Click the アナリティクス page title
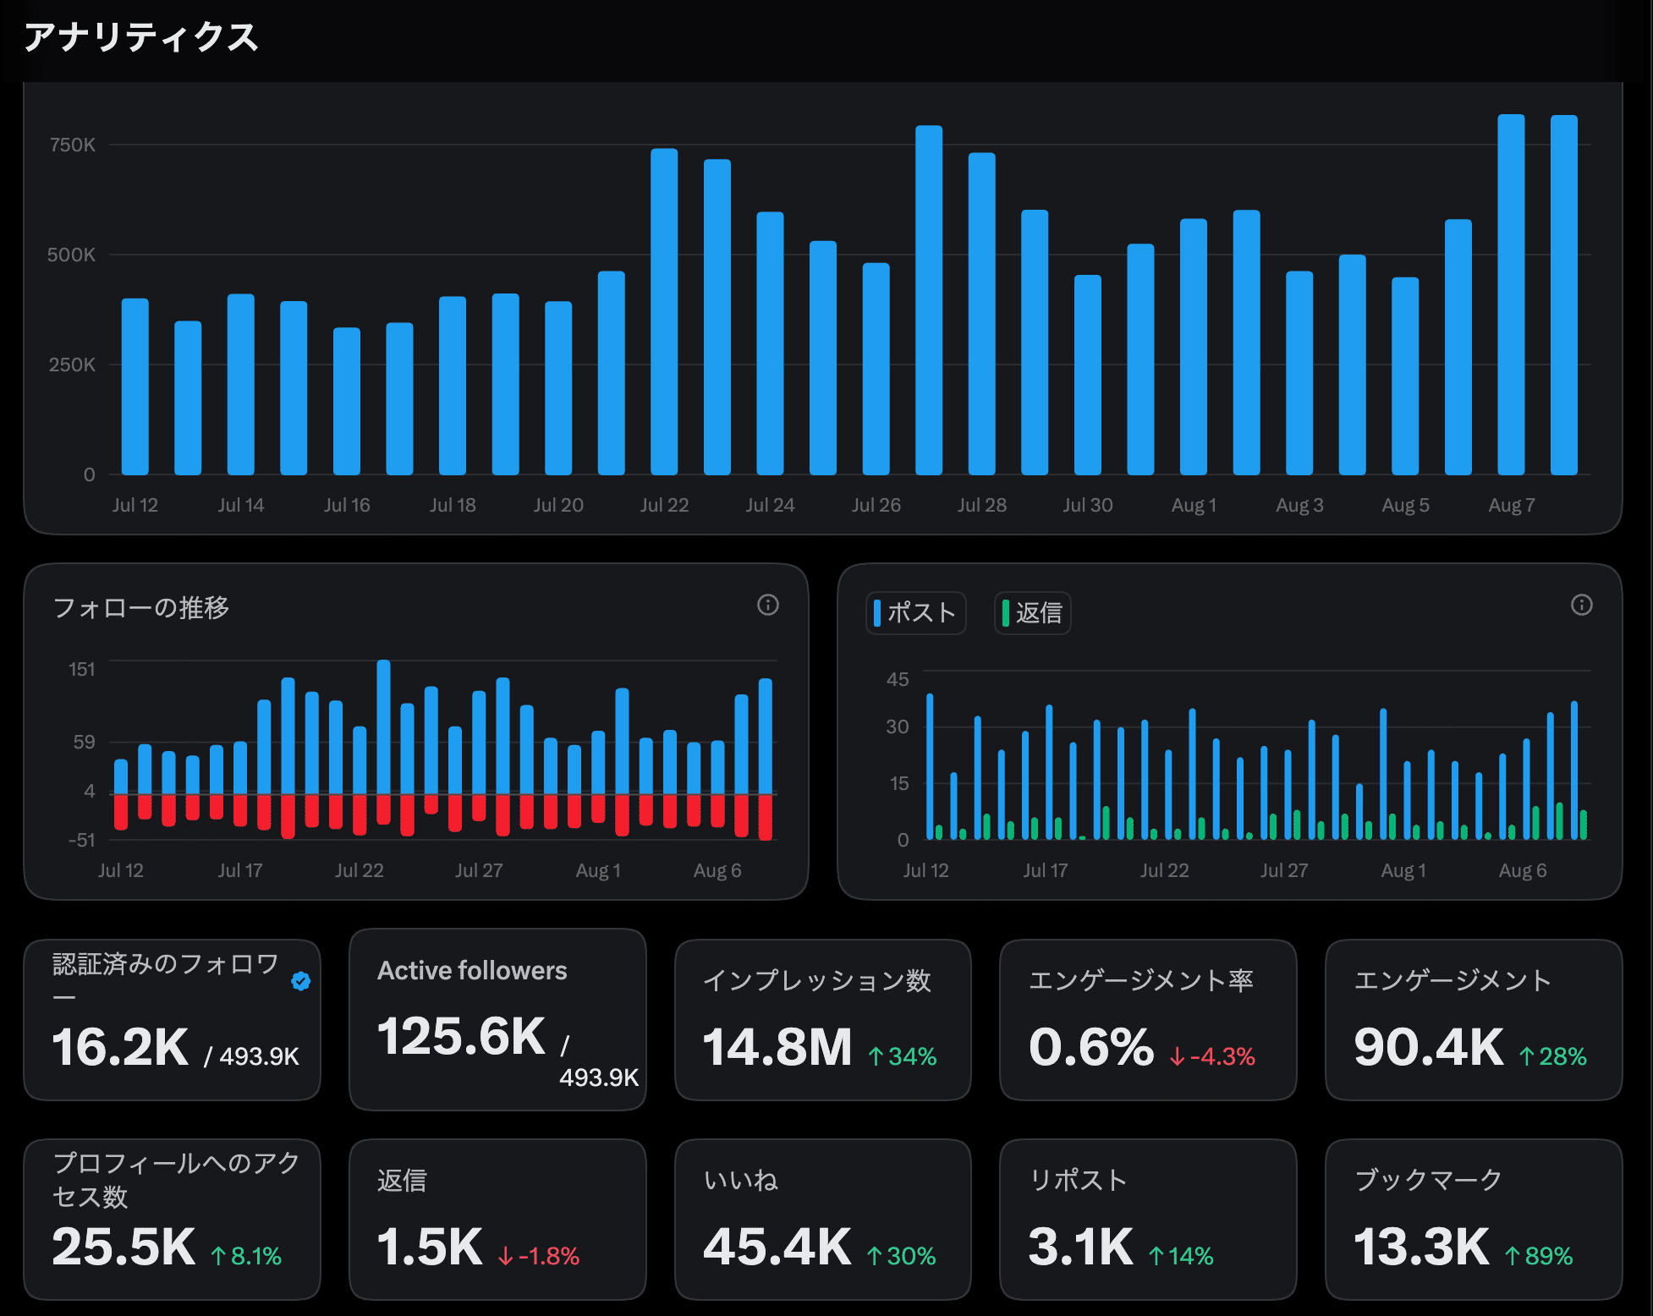141,37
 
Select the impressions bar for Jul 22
664,311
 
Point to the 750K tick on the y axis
73,145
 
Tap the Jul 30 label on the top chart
1088,505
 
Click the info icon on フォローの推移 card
768,605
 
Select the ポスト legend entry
916,612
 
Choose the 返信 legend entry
1033,612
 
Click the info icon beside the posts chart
1582,605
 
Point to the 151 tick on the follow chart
82,669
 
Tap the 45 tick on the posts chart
898,679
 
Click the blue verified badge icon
300,980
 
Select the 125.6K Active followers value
462,1036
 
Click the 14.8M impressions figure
777,1047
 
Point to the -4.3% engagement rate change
1212,1056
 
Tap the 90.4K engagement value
1429,1047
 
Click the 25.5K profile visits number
124,1247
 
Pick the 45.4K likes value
777,1247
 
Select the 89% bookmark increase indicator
1539,1256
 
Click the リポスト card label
1078,1180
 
